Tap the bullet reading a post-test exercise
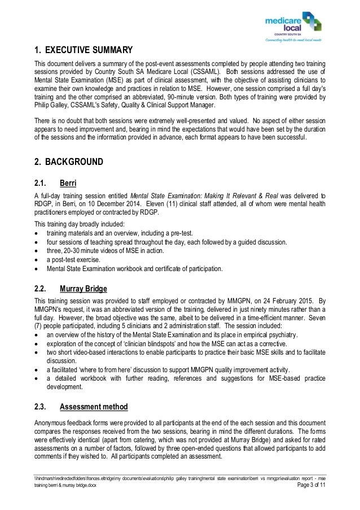73,259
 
